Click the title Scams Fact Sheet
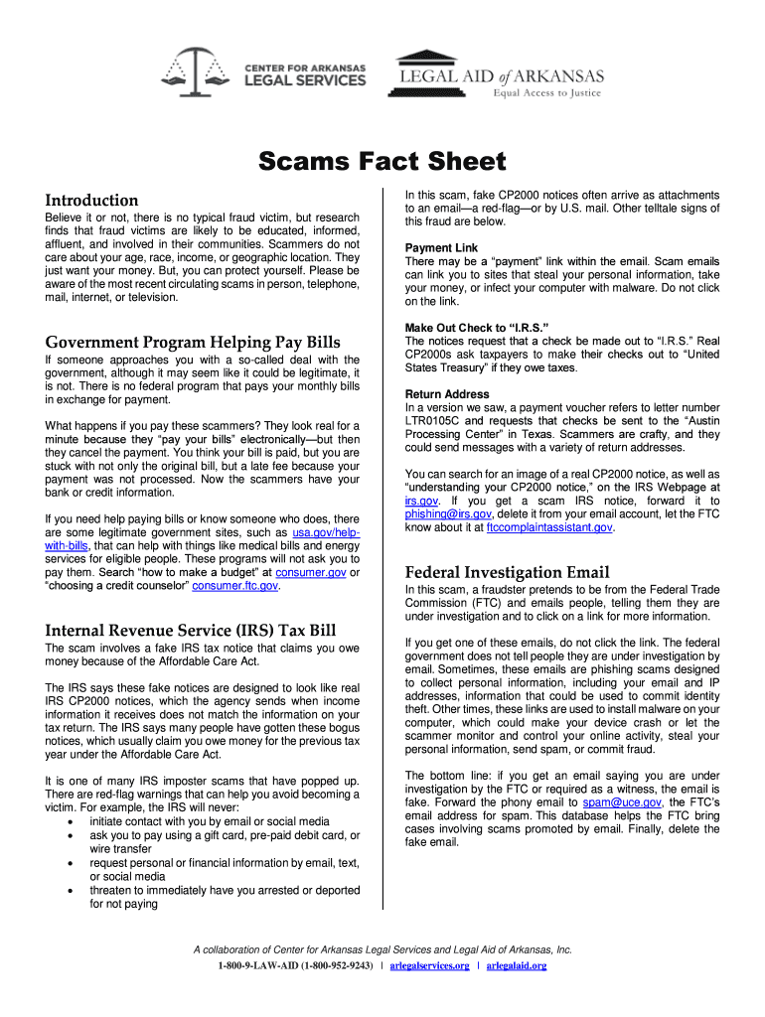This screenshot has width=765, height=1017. coord(382,162)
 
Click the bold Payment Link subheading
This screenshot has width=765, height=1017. coord(441,248)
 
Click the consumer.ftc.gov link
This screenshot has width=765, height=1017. coord(234,586)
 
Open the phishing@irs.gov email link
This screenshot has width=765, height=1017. coord(448,514)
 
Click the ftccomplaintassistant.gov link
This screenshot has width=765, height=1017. coord(549,527)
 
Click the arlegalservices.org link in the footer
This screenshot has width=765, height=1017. coord(429,965)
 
